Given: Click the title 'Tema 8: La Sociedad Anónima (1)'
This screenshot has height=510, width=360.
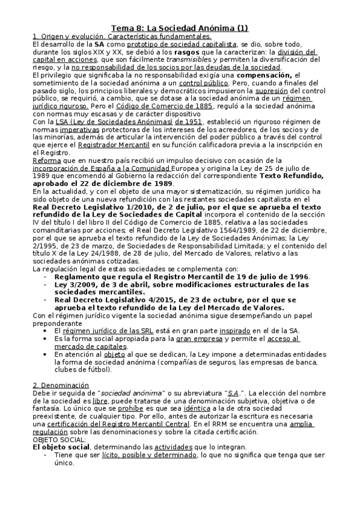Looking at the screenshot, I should (180, 28).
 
